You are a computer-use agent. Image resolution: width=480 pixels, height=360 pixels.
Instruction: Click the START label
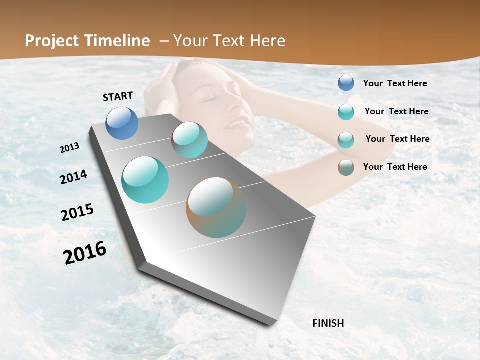(x=118, y=96)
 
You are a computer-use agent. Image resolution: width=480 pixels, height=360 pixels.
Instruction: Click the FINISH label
(x=328, y=323)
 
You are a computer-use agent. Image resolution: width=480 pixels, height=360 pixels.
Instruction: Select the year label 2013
(x=69, y=148)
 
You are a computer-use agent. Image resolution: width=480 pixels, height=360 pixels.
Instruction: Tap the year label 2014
(x=73, y=177)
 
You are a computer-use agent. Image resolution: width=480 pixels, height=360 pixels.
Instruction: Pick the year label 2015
(x=77, y=212)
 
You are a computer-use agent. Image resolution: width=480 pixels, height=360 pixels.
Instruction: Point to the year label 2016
(x=85, y=253)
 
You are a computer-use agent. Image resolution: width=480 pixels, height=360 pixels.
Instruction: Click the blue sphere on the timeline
(x=122, y=123)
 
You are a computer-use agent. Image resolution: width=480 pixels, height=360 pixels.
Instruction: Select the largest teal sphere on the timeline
(x=145, y=180)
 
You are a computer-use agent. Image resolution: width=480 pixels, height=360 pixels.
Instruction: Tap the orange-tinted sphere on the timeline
(x=216, y=207)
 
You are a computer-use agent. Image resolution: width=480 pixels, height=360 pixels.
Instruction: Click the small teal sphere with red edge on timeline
(x=190, y=140)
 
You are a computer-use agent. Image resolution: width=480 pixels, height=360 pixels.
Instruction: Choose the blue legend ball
(x=346, y=83)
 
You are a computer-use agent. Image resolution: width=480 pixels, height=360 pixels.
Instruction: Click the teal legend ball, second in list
(x=346, y=112)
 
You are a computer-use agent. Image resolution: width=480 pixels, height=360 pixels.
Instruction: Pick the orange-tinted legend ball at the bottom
(x=346, y=167)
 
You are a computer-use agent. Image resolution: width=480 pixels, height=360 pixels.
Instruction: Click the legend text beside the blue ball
(x=395, y=84)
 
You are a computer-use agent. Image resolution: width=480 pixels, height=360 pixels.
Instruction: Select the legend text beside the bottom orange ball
(x=395, y=167)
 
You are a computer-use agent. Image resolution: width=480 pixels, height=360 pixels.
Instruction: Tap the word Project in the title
(x=52, y=41)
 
